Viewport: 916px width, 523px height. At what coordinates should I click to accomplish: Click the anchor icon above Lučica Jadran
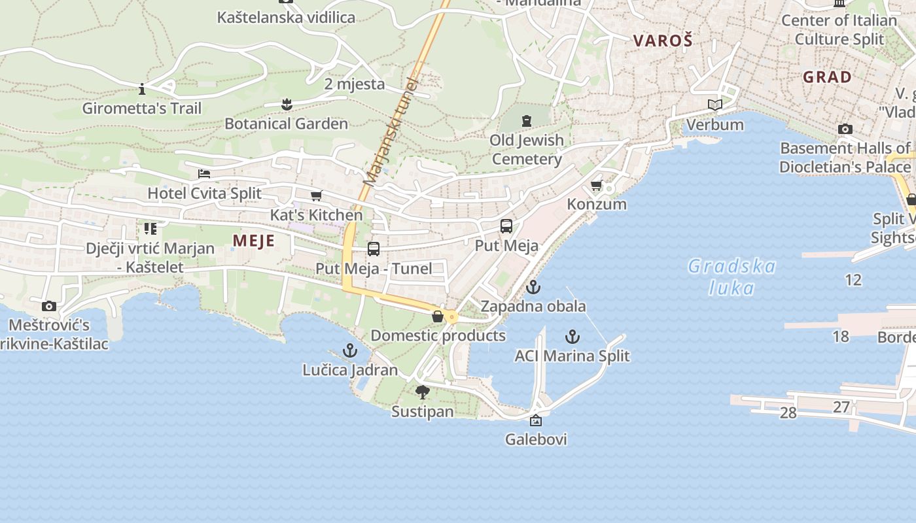pos(350,350)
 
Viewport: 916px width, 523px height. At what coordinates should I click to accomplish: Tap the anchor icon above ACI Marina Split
pos(572,337)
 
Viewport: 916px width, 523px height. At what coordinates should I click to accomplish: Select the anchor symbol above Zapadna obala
pos(533,287)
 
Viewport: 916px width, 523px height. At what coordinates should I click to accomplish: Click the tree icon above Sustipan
pos(423,392)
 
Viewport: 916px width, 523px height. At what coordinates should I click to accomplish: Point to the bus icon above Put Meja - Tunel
pos(374,249)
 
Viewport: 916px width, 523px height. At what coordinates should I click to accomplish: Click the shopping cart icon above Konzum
pos(597,186)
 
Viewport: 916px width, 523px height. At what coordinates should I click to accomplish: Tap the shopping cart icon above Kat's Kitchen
pos(317,195)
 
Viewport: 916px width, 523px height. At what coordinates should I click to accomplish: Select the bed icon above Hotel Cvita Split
pos(204,174)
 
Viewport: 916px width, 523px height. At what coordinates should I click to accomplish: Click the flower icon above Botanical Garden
pos(286,104)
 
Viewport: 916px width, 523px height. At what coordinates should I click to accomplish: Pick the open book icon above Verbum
pos(715,105)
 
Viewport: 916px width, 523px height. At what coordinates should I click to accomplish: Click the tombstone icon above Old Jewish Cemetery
pos(527,121)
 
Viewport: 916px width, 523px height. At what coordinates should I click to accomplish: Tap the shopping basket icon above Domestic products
pos(438,316)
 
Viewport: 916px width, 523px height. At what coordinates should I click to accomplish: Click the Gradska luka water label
pos(731,277)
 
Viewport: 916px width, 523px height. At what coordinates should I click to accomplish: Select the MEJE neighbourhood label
pos(254,241)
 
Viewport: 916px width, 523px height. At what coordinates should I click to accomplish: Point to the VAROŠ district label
pos(662,41)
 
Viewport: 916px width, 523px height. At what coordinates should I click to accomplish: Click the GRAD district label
pos(828,77)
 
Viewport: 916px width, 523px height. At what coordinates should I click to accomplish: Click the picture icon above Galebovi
pos(536,420)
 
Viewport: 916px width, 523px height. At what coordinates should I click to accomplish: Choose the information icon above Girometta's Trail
pos(142,88)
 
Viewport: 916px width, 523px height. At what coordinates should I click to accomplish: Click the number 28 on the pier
pos(788,413)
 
